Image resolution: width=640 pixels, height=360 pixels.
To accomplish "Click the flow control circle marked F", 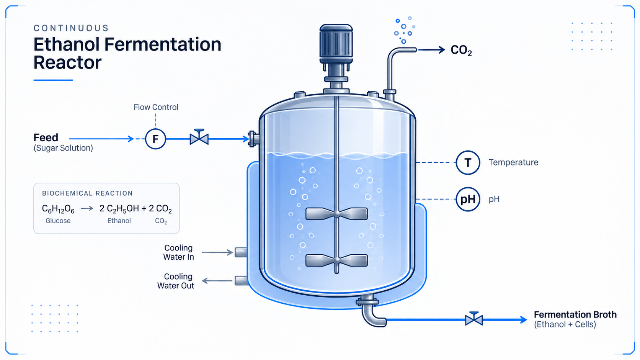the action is [155, 139].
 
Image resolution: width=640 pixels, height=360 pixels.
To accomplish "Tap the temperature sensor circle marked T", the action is [468, 162].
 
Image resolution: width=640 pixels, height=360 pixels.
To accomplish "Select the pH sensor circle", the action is [468, 199].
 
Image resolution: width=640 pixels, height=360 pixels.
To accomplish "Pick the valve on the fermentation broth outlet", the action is [474, 319].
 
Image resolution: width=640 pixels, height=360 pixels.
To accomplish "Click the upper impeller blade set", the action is [336, 214].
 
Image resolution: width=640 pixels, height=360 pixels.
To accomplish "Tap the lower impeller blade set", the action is [336, 260].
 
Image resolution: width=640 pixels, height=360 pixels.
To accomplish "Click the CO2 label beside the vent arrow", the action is [461, 50].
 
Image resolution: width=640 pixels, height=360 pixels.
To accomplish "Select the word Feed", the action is [46, 137].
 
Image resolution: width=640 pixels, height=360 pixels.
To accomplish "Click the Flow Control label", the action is [156, 107].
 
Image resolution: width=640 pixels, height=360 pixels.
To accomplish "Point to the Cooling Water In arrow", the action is [217, 252].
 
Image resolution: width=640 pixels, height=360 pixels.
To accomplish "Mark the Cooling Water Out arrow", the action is [217, 281].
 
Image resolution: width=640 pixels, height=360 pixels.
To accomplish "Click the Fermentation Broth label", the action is [575, 314].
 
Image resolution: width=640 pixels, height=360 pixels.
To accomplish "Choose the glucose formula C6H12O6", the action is [58, 209].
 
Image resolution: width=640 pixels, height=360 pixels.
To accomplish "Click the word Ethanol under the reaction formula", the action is [119, 221].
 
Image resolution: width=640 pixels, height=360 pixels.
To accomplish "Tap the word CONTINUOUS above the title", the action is [71, 28].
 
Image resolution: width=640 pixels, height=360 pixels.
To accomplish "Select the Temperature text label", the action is [513, 162].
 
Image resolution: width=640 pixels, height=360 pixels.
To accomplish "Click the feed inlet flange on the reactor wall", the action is [253, 139].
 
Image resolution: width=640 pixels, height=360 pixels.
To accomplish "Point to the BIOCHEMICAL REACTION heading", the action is [87, 193].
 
